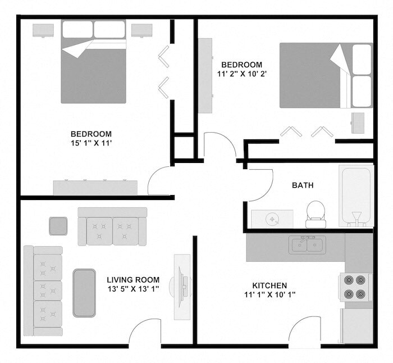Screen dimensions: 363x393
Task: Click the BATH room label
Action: [x=303, y=185]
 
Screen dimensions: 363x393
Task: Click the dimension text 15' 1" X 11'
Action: [x=91, y=143]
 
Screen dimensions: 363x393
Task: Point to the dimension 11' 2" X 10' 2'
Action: [x=241, y=74]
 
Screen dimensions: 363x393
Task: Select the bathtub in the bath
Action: [x=356, y=195]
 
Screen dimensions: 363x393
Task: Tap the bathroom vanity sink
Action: [x=272, y=218]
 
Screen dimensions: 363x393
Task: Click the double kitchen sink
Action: [x=307, y=245]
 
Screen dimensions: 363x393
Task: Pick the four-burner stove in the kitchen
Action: [x=355, y=287]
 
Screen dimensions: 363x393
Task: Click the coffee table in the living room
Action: [x=84, y=292]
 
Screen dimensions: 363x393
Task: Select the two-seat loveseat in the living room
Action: [x=112, y=226]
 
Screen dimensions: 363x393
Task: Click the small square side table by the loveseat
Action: [x=58, y=226]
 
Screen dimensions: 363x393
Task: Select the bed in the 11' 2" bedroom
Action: [x=326, y=75]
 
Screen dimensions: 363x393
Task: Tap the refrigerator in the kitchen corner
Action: [x=357, y=326]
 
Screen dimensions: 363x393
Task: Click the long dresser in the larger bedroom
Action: [x=95, y=187]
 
